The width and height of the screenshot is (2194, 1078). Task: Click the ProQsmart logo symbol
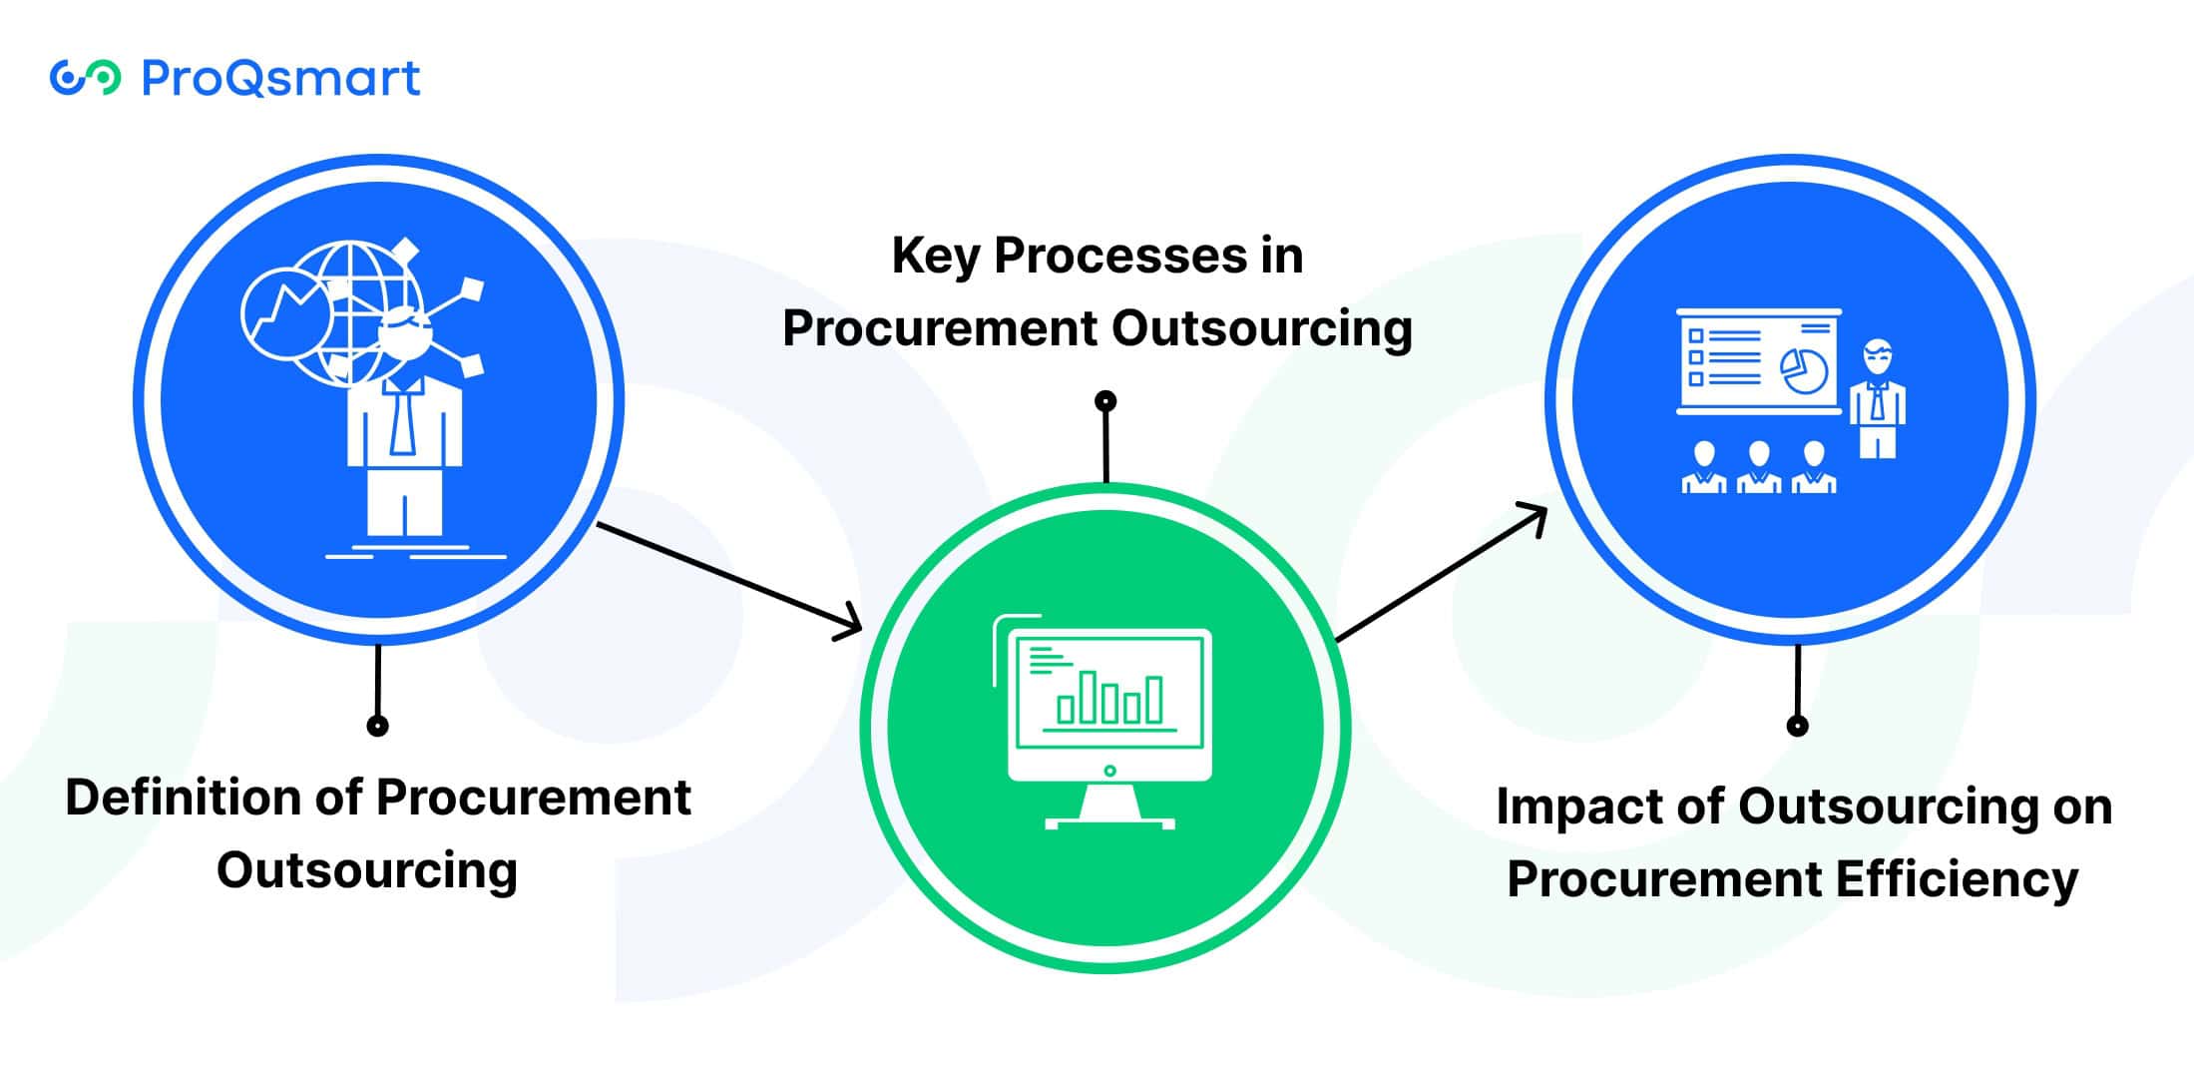(85, 78)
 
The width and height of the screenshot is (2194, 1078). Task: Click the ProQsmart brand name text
(280, 78)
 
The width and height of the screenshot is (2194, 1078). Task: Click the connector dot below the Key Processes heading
(1105, 401)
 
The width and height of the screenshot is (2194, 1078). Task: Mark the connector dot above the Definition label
(377, 726)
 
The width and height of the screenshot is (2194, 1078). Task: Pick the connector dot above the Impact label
(1797, 726)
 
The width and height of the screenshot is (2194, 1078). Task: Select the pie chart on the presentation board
(1804, 370)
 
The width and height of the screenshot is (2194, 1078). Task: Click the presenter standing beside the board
(1878, 399)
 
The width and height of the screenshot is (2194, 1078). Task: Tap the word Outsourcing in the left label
(367, 871)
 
